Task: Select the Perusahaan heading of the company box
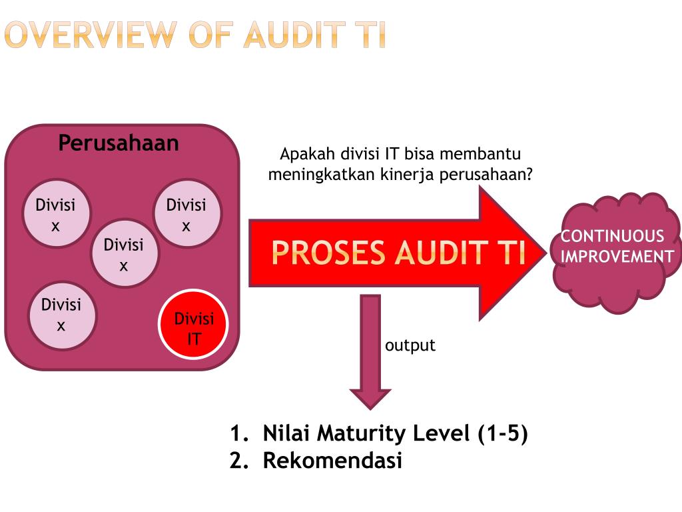click(x=119, y=143)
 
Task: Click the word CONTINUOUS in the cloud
click(x=603, y=236)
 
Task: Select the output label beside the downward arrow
click(x=410, y=345)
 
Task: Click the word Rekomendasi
click(x=332, y=461)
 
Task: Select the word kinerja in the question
click(x=406, y=175)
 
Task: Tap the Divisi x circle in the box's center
click(x=123, y=254)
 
